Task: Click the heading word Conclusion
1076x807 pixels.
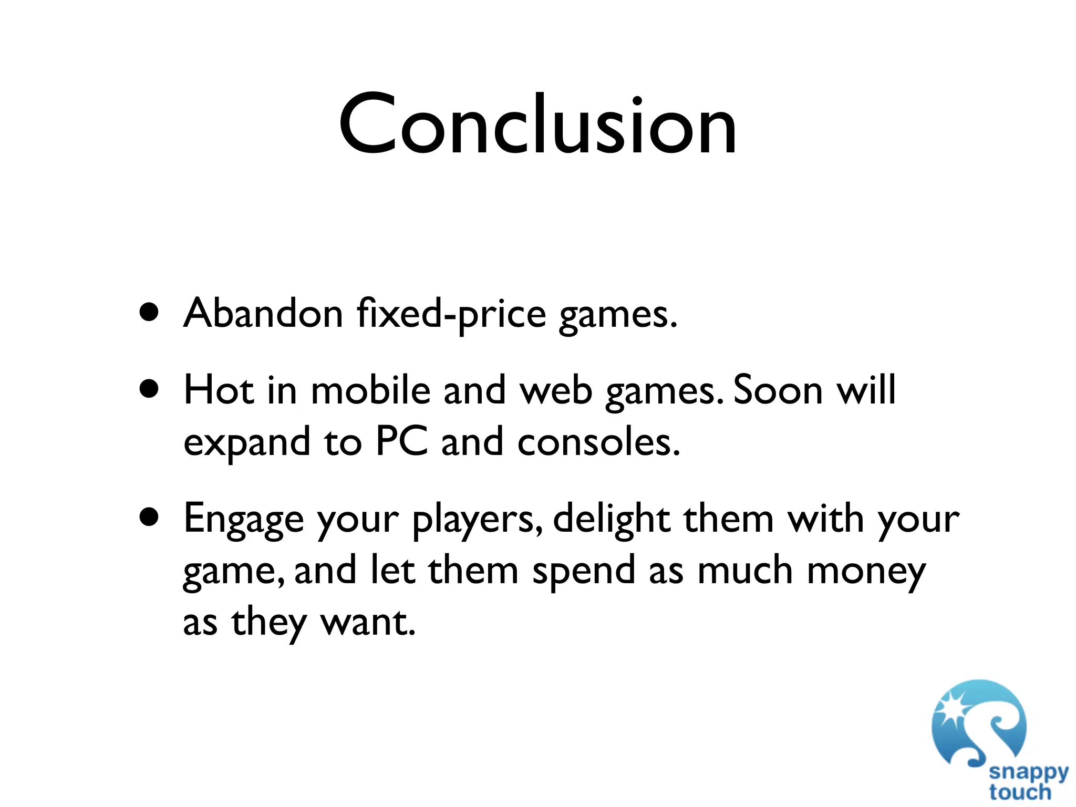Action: pyautogui.click(x=537, y=125)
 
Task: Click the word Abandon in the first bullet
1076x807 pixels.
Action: pyautogui.click(x=263, y=314)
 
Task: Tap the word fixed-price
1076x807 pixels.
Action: pyautogui.click(x=451, y=314)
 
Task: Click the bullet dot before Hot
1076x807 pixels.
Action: pyautogui.click(x=150, y=390)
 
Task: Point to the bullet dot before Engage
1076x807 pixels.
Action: pyautogui.click(x=150, y=518)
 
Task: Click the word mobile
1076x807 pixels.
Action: pyautogui.click(x=370, y=390)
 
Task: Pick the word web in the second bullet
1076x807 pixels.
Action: pyautogui.click(x=556, y=390)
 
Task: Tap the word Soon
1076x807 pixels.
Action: pyautogui.click(x=778, y=390)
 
